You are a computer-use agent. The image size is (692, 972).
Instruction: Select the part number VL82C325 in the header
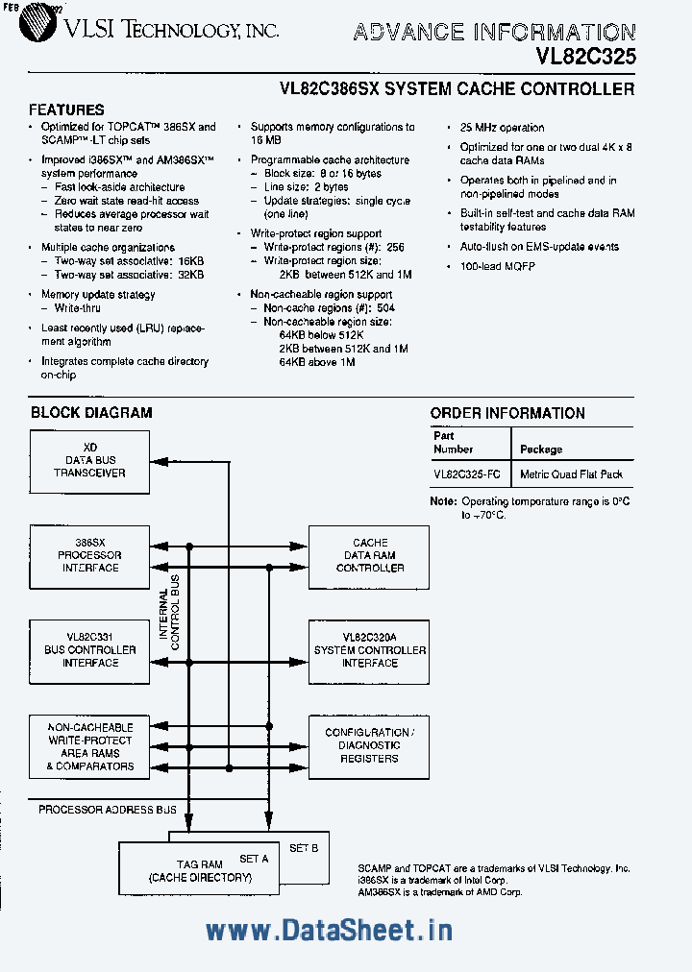585,57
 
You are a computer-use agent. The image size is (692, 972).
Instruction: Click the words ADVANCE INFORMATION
493,33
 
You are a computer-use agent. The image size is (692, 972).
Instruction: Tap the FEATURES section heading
66,109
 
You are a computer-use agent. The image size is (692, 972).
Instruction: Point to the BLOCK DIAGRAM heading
91,413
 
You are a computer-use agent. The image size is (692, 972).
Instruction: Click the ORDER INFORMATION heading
507,413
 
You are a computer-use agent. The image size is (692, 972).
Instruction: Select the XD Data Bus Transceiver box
89,461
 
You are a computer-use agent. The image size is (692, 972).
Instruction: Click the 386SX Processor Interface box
89,555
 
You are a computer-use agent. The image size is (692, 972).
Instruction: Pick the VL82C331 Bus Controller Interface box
89,650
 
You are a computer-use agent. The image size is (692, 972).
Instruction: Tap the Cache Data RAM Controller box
370,555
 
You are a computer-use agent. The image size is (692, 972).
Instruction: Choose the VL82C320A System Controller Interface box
370,650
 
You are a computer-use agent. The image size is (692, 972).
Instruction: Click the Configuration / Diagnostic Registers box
370,745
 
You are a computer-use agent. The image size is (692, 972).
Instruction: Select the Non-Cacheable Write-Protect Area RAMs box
89,746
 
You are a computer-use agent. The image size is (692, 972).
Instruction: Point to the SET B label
304,848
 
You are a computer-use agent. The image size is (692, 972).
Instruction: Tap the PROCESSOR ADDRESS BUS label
108,810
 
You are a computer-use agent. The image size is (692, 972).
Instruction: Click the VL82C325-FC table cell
466,474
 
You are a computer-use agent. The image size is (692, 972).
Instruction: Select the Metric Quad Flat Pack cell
571,474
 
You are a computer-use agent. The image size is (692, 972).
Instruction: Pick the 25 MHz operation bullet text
502,128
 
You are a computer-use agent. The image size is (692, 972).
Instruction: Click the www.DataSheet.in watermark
329,930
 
